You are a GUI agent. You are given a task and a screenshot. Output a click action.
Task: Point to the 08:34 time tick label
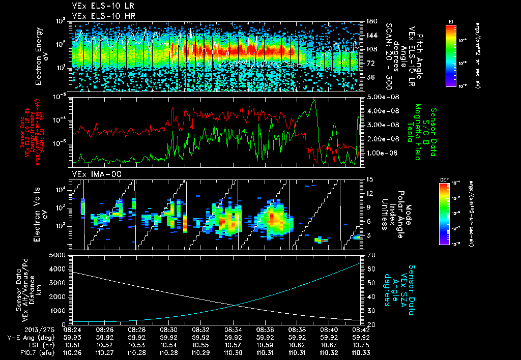point(233,329)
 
